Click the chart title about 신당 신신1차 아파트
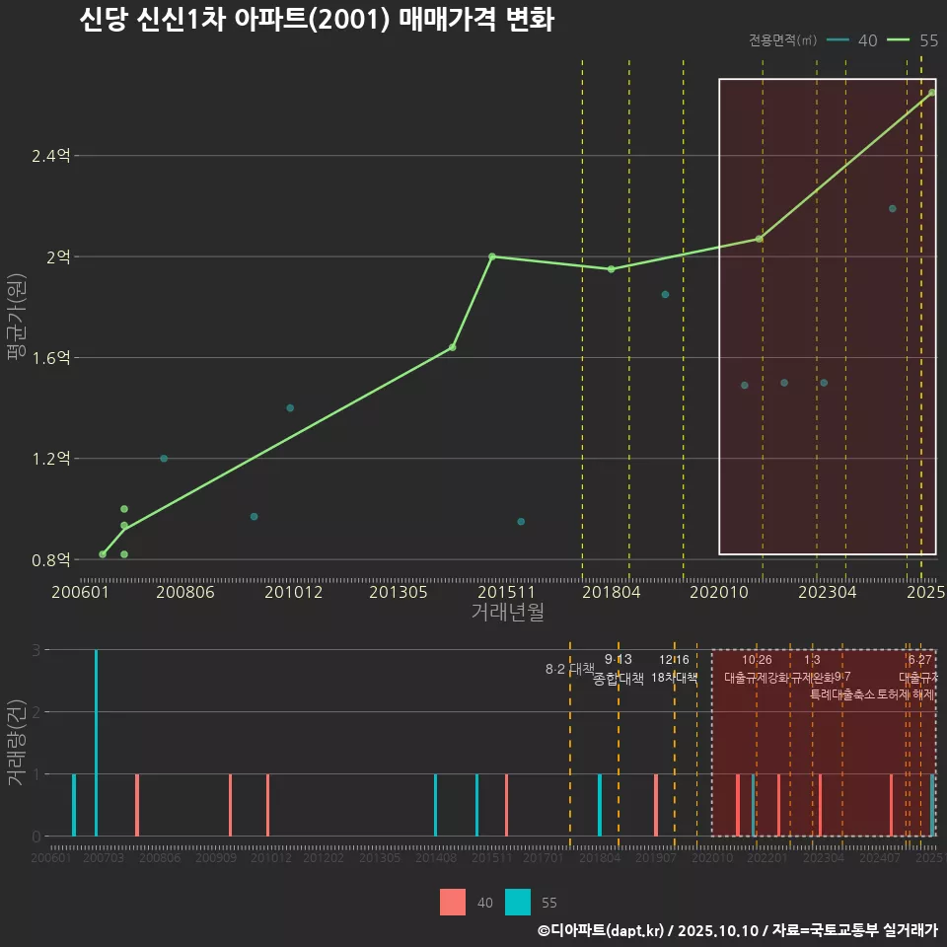click(316, 21)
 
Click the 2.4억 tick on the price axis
click(51, 156)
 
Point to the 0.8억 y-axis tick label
click(51, 560)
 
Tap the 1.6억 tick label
click(51, 358)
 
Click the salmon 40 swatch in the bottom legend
click(452, 902)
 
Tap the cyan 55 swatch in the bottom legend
click(517, 902)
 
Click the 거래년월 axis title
click(507, 613)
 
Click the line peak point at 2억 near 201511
click(492, 256)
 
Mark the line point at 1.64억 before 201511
click(453, 347)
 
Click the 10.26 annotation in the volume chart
click(757, 660)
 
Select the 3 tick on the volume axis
click(35, 650)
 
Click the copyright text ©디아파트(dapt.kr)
click(602, 930)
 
